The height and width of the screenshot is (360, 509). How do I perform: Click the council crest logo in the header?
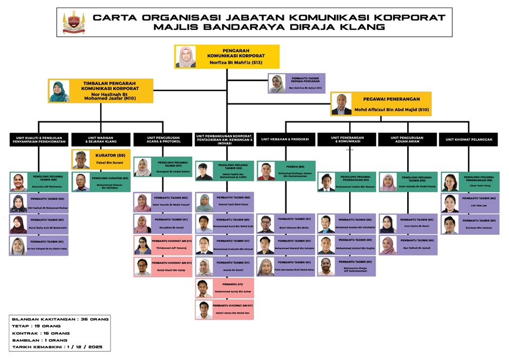pos(74,22)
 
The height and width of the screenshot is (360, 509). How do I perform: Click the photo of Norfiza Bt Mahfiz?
pos(186,57)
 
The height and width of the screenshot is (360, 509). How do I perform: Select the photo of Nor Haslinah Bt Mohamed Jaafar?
pos(59,91)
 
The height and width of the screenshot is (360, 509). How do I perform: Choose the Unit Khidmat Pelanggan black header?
pos(469,139)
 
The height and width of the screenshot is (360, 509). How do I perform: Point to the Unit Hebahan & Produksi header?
pos(285,139)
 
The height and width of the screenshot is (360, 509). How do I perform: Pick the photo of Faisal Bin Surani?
pos(81,160)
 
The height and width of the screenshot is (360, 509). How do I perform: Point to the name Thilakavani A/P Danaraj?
pos(171,248)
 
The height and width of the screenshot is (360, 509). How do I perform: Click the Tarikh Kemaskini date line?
pos(57,346)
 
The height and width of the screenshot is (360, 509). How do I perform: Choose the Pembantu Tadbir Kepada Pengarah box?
pos(297,84)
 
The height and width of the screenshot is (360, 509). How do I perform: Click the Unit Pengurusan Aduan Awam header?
pos(407,139)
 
